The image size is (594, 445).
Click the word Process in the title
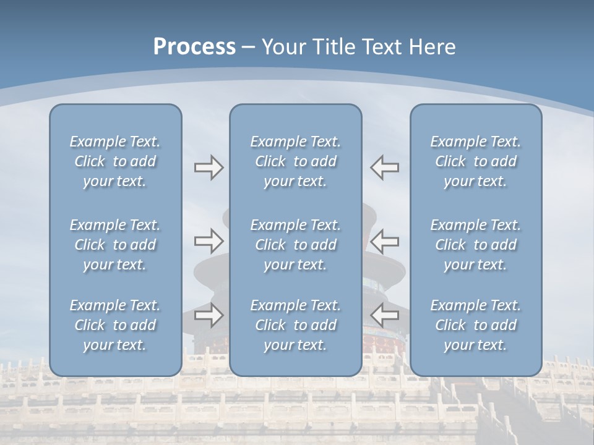(x=194, y=47)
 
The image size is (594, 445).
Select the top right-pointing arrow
(x=209, y=167)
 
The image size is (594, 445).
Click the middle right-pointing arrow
(x=209, y=240)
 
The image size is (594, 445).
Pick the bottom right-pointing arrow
(x=209, y=315)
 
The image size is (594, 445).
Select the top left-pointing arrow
(x=384, y=167)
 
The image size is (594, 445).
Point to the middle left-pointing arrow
(x=384, y=240)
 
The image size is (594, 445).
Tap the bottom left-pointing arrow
(x=384, y=315)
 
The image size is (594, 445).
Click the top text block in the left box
(x=115, y=161)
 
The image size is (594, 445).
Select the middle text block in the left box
(x=115, y=245)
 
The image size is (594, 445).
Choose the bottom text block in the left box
(x=115, y=325)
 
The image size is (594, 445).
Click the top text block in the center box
(x=296, y=161)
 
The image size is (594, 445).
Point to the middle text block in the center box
(x=296, y=245)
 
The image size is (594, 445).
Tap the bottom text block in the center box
(x=296, y=325)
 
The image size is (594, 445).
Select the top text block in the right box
(x=476, y=161)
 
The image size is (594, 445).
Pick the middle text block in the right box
(x=476, y=245)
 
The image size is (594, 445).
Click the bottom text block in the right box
(x=476, y=325)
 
